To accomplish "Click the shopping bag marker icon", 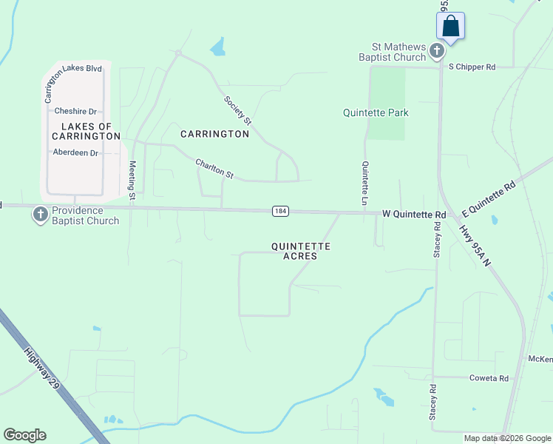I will [451, 27].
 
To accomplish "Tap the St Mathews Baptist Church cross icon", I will [437, 51].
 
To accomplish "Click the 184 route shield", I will [279, 212].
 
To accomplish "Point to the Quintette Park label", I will [376, 113].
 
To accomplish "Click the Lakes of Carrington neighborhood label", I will [86, 132].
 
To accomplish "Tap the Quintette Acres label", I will [300, 251].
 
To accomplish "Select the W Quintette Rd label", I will [414, 215].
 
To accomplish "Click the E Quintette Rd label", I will [488, 198].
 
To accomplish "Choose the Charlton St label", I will [214, 169].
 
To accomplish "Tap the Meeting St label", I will [132, 181].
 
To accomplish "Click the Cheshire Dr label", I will [75, 111].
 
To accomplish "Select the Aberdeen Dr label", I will [75, 152].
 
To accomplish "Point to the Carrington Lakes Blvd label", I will [73, 69].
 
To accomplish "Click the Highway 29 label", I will [41, 370].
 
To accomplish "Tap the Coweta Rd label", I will [489, 378].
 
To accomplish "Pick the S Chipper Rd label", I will [471, 67].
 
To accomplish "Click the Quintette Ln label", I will [364, 184].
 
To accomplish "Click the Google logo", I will [25, 435].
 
